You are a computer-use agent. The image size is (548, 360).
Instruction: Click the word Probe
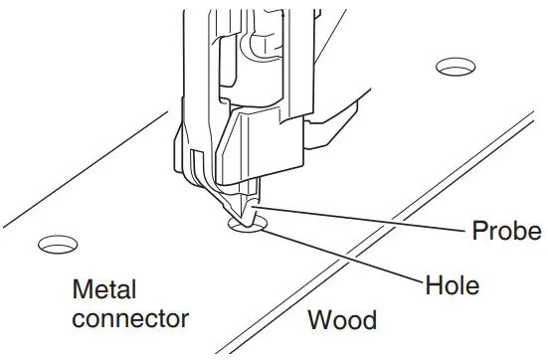(506, 233)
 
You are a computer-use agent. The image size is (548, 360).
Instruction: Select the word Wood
(341, 320)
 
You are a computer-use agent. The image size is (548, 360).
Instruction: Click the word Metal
(104, 290)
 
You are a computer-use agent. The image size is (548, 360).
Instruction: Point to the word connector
(130, 319)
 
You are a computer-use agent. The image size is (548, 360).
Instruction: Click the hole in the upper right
(457, 69)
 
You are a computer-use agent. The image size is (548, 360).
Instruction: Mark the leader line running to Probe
(368, 221)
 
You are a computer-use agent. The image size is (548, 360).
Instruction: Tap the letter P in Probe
(476, 232)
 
